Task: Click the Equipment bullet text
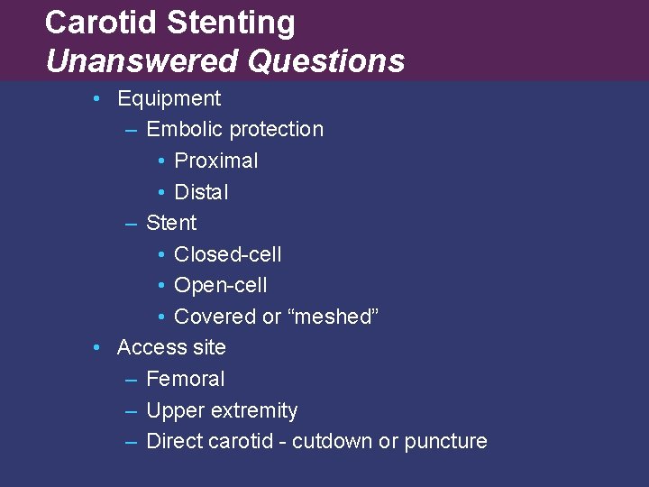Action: tap(169, 98)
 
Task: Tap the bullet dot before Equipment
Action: tap(96, 98)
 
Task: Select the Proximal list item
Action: tap(215, 161)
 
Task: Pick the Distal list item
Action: tap(201, 192)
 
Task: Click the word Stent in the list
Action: tap(170, 223)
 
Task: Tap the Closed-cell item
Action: tap(227, 254)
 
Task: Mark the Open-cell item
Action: tap(220, 286)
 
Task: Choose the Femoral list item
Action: tap(185, 379)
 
